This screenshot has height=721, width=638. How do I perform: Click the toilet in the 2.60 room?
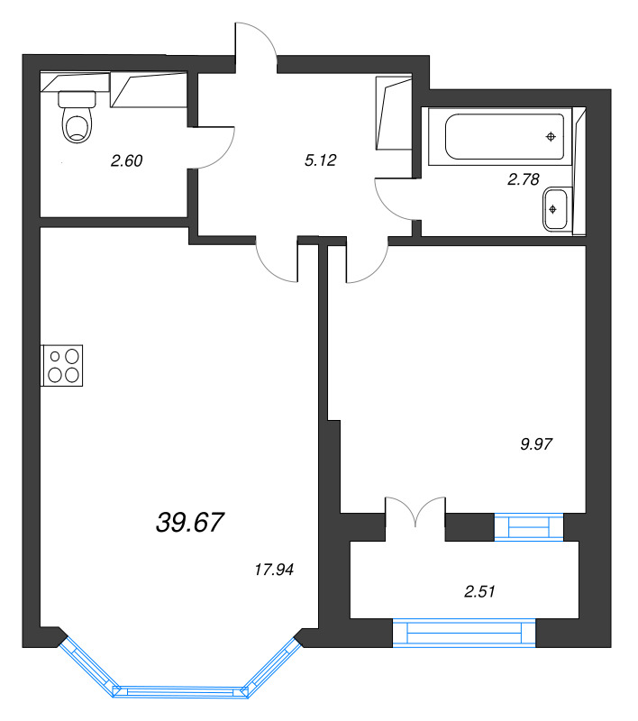[x=77, y=116]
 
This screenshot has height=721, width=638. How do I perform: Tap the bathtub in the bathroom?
[x=505, y=136]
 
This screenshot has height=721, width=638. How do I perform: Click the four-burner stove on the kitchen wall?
[x=62, y=366]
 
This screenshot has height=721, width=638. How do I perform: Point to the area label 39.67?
[x=190, y=523]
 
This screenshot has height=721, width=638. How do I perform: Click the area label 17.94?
[x=274, y=570]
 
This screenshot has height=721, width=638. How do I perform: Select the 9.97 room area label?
[x=536, y=443]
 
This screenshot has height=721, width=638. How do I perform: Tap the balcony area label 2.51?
[x=479, y=591]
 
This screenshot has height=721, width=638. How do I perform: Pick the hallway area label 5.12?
[x=321, y=160]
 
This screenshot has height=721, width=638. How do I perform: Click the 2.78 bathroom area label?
[x=523, y=178]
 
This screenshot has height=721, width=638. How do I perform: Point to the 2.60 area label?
[x=126, y=160]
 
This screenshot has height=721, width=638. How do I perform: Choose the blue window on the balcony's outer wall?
[x=464, y=634]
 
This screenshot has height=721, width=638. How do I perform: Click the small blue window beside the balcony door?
[x=529, y=527]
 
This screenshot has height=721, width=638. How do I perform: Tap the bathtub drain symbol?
[x=551, y=137]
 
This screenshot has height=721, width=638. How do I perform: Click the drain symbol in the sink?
[x=552, y=209]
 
